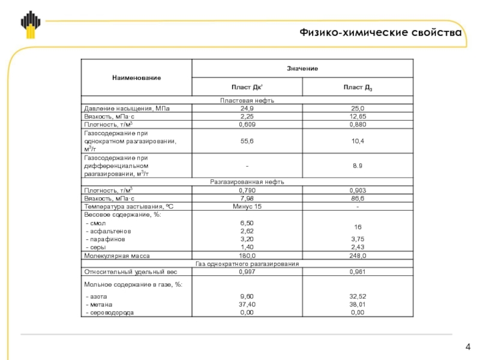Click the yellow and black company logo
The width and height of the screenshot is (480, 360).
pyautogui.click(x=30, y=25)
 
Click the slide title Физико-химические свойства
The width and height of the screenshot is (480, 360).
pyautogui.click(x=381, y=33)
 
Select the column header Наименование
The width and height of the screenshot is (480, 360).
pyautogui.click(x=136, y=78)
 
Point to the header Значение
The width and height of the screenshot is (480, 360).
pyautogui.click(x=302, y=68)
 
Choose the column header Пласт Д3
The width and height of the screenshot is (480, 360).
pyautogui.click(x=358, y=88)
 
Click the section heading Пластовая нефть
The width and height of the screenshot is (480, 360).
pyautogui.click(x=247, y=100)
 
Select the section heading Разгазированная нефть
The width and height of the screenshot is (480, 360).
pyautogui.click(x=247, y=182)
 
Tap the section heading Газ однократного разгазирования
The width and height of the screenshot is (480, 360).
pyautogui.click(x=247, y=263)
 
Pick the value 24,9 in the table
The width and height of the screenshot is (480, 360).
pyautogui.click(x=247, y=108)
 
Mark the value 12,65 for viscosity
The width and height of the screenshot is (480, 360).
pyautogui.click(x=358, y=116)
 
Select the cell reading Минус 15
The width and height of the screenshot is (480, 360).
pyautogui.click(x=247, y=206)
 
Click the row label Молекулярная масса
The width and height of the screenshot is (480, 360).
pyautogui.click(x=116, y=256)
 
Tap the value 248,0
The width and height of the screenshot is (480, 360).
pyautogui.click(x=358, y=256)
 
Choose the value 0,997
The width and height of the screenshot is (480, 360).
pyautogui.click(x=247, y=272)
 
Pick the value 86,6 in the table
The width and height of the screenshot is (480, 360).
pyautogui.click(x=358, y=198)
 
